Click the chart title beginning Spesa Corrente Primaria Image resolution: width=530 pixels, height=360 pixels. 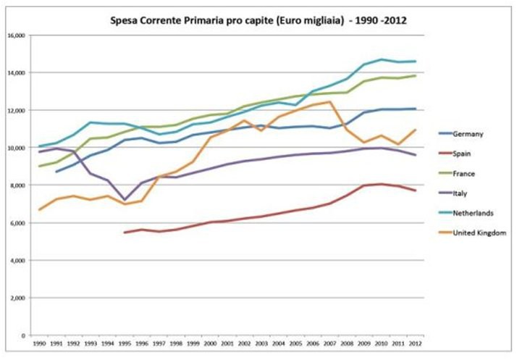(x=258, y=20)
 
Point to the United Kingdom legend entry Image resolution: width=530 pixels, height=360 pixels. (x=479, y=233)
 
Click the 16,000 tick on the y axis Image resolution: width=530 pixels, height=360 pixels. (x=16, y=35)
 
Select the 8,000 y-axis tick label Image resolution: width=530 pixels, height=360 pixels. (x=17, y=185)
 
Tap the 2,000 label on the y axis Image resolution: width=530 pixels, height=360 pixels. (x=17, y=298)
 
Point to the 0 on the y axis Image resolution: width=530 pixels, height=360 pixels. (x=24, y=336)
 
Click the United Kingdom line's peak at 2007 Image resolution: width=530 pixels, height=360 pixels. (x=329, y=101)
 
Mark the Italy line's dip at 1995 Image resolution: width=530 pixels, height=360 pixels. (x=125, y=200)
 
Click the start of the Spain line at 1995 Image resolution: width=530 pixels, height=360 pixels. (x=125, y=233)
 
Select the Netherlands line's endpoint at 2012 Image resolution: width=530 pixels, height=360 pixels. (x=414, y=62)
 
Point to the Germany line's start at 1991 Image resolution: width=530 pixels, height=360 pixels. (x=56, y=172)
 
